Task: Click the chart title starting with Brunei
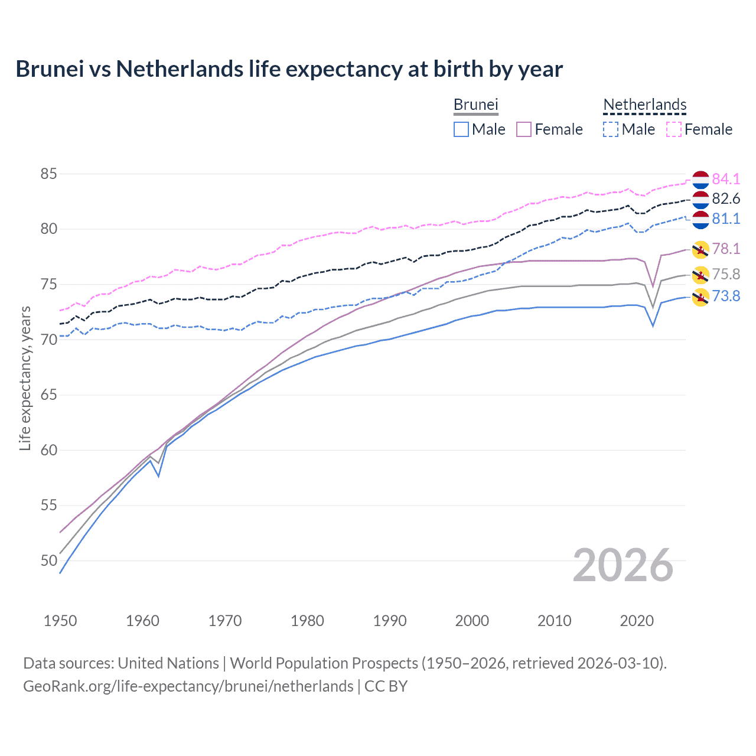click(x=289, y=69)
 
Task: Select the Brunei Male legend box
click(x=461, y=129)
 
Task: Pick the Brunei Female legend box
click(x=524, y=129)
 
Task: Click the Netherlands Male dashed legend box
click(x=611, y=129)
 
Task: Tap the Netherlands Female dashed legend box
click(x=674, y=129)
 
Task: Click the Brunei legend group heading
click(x=475, y=105)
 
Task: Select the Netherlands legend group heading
click(x=644, y=105)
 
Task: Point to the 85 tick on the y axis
click(x=48, y=174)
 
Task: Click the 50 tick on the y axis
click(x=48, y=561)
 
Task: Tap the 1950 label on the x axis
click(x=60, y=621)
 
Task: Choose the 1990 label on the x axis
click(x=390, y=621)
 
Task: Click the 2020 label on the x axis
click(x=637, y=621)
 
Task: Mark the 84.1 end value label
click(x=726, y=179)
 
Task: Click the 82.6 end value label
click(x=726, y=198)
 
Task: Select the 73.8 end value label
click(x=726, y=296)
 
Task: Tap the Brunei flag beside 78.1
click(x=700, y=249)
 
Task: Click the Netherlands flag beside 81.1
click(x=700, y=219)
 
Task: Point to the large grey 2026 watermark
click(x=623, y=565)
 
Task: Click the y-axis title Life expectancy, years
click(x=25, y=378)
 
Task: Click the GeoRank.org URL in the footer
click(x=188, y=686)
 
